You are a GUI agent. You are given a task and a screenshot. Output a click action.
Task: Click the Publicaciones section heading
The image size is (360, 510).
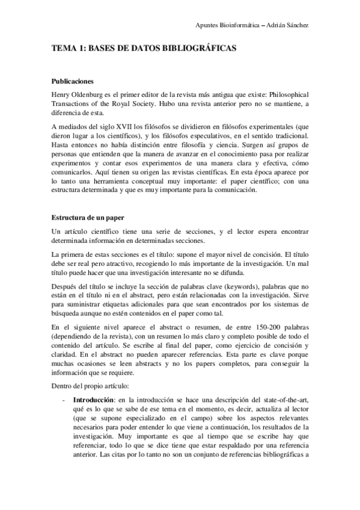click(72, 82)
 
